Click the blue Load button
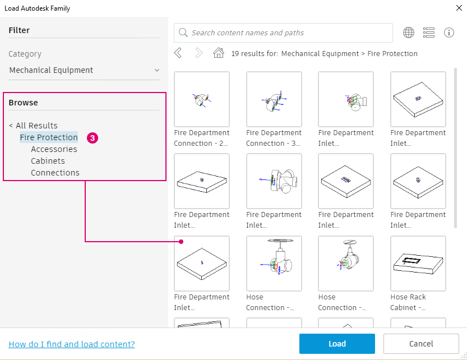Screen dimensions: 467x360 337,344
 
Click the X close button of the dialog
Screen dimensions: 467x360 459,8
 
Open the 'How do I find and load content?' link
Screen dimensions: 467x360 72,344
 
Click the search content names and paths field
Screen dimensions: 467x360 283,33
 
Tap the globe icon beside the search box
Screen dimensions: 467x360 409,33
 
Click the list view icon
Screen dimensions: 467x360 428,33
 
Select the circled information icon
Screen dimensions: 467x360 449,33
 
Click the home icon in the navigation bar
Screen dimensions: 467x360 219,53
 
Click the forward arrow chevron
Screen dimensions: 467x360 198,53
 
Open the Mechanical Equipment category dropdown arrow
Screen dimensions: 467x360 157,70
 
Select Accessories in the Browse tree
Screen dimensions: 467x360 54,149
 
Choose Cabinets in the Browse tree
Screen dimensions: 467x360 48,161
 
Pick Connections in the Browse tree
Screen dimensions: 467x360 55,173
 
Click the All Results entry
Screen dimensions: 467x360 34,126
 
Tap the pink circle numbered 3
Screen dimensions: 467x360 93,138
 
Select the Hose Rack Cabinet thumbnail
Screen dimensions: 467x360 418,264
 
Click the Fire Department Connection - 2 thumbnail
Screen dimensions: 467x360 202,99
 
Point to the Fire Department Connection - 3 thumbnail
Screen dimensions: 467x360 274,99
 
